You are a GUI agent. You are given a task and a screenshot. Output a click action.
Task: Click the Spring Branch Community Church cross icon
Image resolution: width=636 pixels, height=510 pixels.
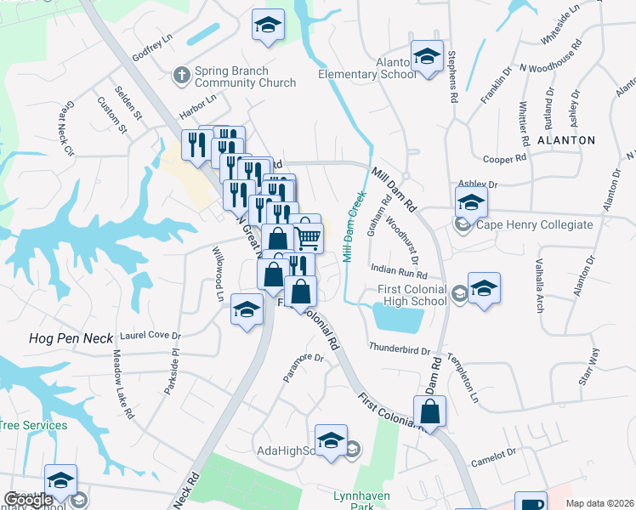pyautogui.click(x=180, y=75)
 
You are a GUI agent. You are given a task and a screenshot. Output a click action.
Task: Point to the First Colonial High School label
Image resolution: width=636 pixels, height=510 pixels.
pyautogui.click(x=412, y=295)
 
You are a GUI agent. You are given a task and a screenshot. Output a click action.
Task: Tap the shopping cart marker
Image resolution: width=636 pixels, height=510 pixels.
pyautogui.click(x=309, y=237)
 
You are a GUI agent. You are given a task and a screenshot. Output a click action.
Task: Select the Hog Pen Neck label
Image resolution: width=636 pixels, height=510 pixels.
pyautogui.click(x=59, y=338)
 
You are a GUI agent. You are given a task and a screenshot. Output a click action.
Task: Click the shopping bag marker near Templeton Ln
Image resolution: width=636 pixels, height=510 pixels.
pyautogui.click(x=432, y=411)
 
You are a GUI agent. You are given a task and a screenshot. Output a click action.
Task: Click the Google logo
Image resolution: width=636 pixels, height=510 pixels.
pyautogui.click(x=28, y=501)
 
